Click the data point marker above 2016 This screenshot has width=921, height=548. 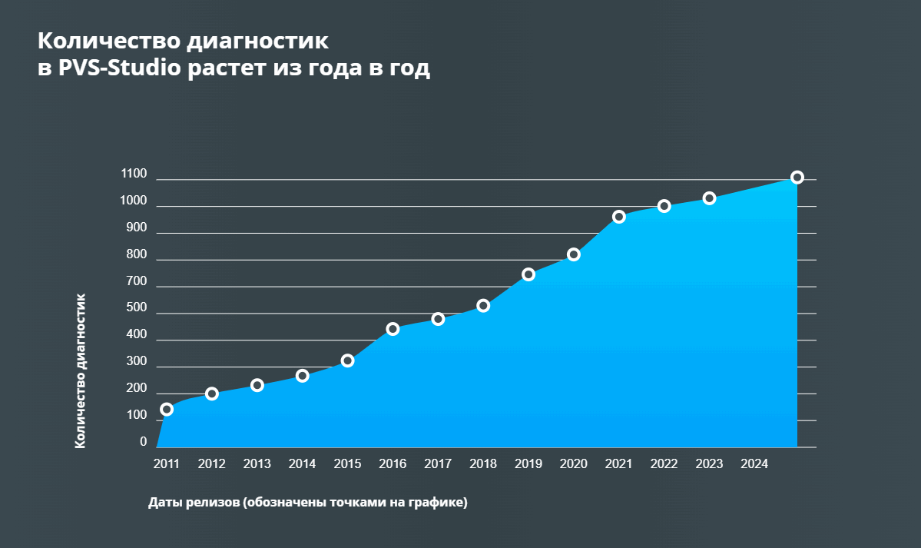coord(393,329)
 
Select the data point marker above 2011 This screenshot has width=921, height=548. coord(167,409)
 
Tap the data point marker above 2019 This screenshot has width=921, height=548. coord(528,274)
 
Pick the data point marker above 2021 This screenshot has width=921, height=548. coord(619,217)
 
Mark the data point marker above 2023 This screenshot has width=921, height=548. coord(710,198)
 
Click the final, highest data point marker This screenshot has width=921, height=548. coord(797,178)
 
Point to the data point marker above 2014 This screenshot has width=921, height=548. coord(303,376)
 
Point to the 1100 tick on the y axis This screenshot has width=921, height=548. coord(134,174)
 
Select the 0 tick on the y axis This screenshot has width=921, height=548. coord(143,442)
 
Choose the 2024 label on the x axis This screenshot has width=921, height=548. coord(754,464)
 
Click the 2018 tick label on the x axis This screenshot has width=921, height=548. coord(483,464)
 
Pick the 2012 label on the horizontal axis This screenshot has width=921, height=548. coord(211,464)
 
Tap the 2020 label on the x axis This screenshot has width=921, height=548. coord(574,464)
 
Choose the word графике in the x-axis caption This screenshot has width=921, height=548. coord(439,503)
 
